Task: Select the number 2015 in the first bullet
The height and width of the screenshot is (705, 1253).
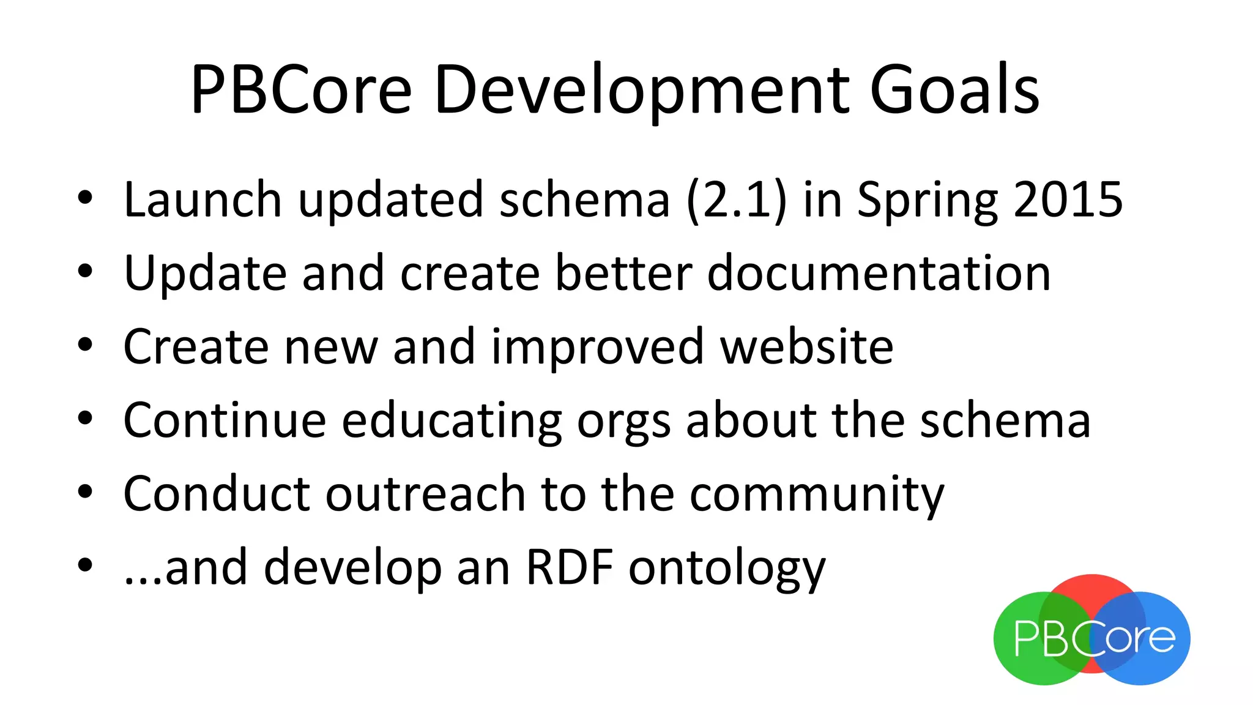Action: (1068, 200)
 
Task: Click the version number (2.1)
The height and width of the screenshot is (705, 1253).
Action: (736, 200)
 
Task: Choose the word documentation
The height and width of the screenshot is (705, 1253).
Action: (879, 273)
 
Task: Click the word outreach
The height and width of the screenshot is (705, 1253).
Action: (425, 494)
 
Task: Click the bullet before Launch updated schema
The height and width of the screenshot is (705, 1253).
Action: (85, 198)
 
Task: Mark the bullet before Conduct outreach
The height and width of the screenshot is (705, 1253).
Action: (85, 491)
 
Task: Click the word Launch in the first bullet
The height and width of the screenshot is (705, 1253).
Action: (202, 200)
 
